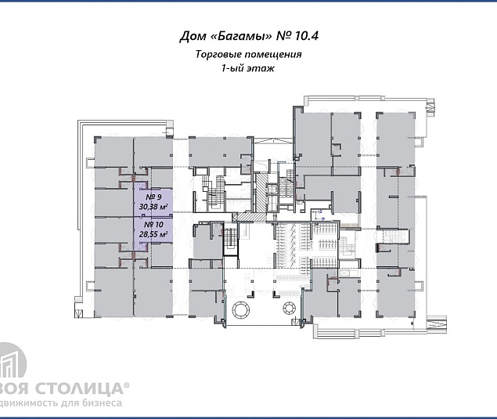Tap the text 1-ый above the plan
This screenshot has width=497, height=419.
pos(235,69)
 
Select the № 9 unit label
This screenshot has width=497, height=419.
pos(153,197)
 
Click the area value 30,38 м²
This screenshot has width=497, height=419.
pos(154,207)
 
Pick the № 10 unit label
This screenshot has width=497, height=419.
pos(154,223)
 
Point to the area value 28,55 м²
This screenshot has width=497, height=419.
pos(154,233)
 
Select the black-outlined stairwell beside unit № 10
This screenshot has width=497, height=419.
pos(231,240)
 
